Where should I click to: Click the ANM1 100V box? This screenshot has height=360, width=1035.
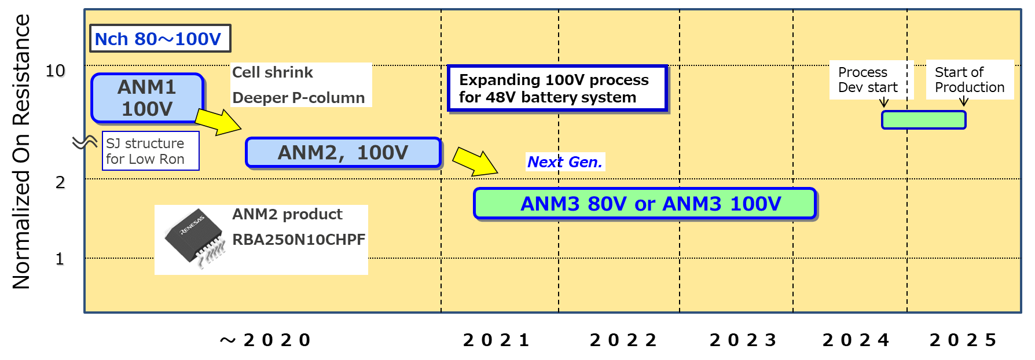click(x=147, y=98)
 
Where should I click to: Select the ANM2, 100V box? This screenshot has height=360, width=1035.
click(x=343, y=153)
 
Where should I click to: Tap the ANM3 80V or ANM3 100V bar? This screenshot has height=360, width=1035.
click(x=645, y=204)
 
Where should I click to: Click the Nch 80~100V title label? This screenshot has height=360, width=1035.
click(x=160, y=39)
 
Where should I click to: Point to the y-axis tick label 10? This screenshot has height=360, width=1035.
click(x=56, y=71)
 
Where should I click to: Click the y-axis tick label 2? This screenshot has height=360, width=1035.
click(x=61, y=183)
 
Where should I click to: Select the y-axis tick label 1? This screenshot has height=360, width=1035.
click(x=60, y=259)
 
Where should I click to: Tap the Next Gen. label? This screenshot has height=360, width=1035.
click(x=565, y=162)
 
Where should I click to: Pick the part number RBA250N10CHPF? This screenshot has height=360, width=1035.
click(x=299, y=240)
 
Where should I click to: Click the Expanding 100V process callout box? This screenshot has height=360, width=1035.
click(x=557, y=89)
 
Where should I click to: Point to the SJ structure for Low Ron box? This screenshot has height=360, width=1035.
click(x=151, y=151)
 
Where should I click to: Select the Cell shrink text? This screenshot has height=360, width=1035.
click(x=273, y=72)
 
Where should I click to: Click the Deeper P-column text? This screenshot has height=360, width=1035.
click(x=299, y=98)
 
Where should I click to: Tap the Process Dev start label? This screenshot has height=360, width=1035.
click(x=868, y=80)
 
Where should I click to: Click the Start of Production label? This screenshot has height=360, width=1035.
click(x=970, y=80)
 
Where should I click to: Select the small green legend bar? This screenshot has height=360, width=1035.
click(x=923, y=120)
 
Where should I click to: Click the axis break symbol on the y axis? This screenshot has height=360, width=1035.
click(x=85, y=142)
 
